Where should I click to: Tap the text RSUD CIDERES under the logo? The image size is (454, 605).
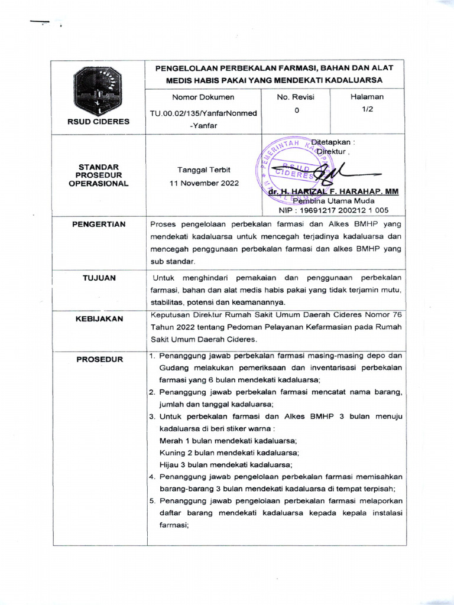[98, 122]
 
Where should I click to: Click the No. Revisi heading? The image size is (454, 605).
[296, 97]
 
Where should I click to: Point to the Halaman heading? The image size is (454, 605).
[367, 97]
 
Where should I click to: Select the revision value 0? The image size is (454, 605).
[296, 110]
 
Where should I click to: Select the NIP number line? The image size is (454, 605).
[334, 210]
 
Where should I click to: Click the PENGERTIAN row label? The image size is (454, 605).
[99, 225]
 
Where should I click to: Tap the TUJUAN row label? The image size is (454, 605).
[99, 278]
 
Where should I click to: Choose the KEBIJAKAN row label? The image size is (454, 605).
[99, 319]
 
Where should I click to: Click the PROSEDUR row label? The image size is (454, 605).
[99, 359]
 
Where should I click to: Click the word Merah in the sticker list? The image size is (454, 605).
[171, 441]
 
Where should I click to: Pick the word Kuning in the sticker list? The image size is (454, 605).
[173, 453]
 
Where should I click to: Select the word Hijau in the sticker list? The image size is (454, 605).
[170, 464]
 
